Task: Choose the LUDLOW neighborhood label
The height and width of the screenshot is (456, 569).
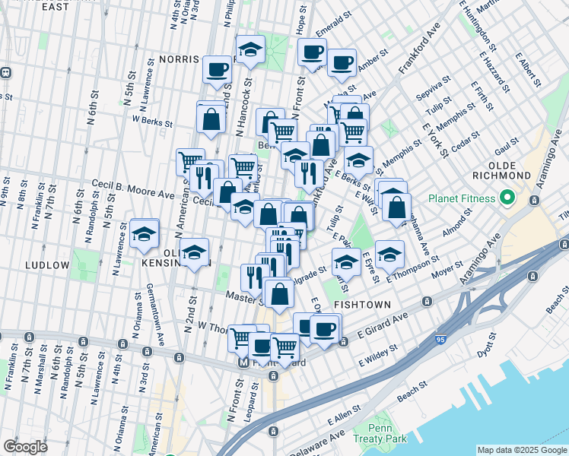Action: [x=46, y=265]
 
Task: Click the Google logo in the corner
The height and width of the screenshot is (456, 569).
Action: [x=24, y=447]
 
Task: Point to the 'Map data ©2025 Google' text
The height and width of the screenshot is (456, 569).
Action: [x=522, y=450]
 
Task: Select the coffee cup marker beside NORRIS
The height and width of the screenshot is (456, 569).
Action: [x=217, y=69]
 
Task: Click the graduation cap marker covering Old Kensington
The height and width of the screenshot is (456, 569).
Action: [x=195, y=252]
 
